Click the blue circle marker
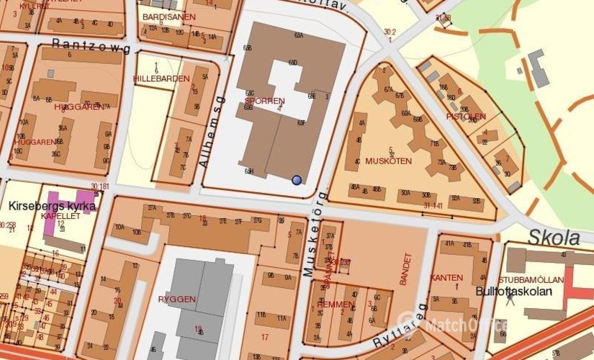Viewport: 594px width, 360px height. (x=297, y=180)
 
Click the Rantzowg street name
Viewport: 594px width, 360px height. (x=91, y=48)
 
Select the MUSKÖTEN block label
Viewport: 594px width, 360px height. (x=388, y=161)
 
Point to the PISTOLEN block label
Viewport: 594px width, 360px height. (x=466, y=116)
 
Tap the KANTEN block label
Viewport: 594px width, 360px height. (x=446, y=277)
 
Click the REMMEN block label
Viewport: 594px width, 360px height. (x=335, y=305)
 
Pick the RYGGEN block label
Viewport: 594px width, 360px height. (x=176, y=298)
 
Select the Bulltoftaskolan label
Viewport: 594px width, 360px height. (x=513, y=292)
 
